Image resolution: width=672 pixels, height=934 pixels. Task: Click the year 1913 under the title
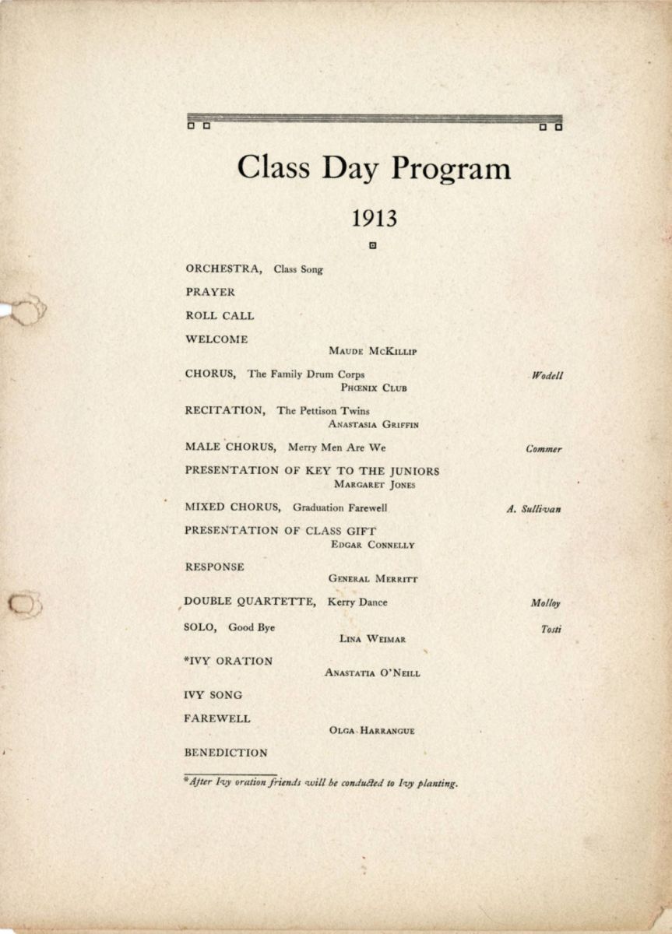coord(374,219)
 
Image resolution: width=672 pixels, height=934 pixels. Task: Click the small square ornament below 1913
coord(373,247)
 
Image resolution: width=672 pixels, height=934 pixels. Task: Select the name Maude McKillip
coord(373,352)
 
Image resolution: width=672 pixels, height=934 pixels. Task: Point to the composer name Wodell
coord(547,376)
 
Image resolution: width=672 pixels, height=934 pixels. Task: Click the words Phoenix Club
coord(374,388)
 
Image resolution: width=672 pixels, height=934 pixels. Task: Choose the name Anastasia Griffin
coord(374,424)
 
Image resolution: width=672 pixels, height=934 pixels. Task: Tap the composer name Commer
coord(544,449)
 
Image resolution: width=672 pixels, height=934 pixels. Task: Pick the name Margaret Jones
coord(375,484)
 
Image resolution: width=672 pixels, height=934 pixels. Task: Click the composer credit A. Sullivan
coord(533,510)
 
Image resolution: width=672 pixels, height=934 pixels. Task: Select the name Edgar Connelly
coord(373,545)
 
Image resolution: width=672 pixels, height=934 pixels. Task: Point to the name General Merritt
coord(373,579)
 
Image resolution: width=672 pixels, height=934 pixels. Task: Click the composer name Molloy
coord(546,603)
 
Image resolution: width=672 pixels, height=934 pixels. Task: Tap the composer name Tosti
coord(551,630)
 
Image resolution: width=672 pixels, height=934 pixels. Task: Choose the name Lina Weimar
coord(373,639)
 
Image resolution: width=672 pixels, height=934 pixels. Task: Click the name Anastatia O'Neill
coord(372,673)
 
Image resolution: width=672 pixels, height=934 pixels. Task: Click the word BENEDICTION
coord(226,753)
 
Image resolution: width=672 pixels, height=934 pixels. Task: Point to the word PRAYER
coord(210,293)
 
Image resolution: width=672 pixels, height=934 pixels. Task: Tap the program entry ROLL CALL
coord(220,316)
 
